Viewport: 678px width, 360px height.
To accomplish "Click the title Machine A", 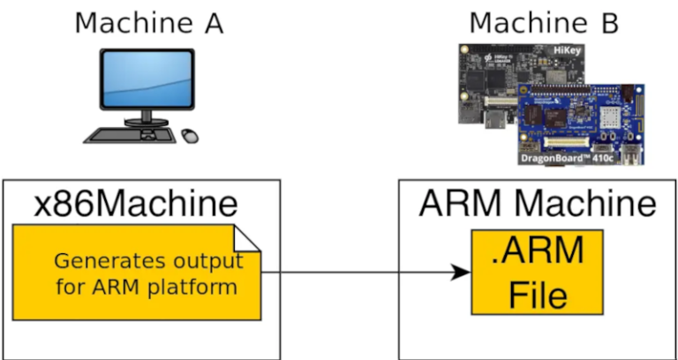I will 148,22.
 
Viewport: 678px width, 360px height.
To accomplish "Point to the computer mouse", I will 190,135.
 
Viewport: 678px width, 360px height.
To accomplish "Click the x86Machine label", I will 136,204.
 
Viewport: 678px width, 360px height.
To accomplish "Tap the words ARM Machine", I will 538,204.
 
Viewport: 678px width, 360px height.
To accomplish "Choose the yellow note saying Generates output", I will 137,273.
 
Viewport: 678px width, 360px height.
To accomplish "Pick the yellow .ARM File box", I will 537,272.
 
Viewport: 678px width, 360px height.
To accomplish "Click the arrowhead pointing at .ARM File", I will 460,273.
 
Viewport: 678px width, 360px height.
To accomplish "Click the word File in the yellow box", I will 537,294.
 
